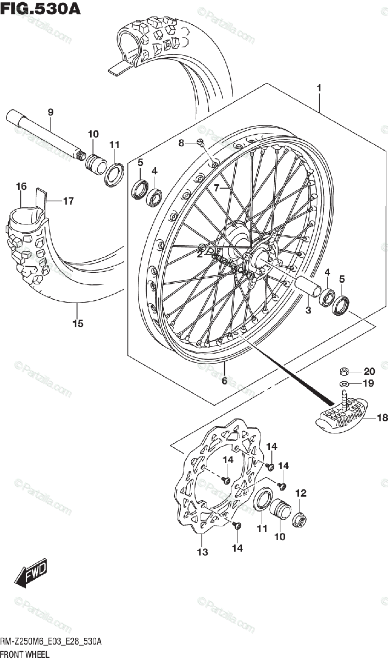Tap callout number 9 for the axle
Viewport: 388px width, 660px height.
pos(50,112)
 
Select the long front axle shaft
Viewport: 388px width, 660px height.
pos(44,135)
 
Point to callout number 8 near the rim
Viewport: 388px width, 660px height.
pos(181,143)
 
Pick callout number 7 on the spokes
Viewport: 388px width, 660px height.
pos(217,188)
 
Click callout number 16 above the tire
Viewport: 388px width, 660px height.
pos(21,187)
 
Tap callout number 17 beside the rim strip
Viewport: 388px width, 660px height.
pos(68,201)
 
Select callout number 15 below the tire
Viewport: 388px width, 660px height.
pos(77,323)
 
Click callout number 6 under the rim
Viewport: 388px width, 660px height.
pos(224,381)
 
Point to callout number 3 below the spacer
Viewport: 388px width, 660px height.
pos(308,311)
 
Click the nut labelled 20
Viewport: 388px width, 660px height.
pos(341,371)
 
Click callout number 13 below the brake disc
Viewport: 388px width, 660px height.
pos(203,552)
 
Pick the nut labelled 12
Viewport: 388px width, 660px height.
pos(301,519)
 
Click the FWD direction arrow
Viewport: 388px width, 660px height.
pos(31,574)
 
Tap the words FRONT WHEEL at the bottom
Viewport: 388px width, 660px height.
pos(25,654)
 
